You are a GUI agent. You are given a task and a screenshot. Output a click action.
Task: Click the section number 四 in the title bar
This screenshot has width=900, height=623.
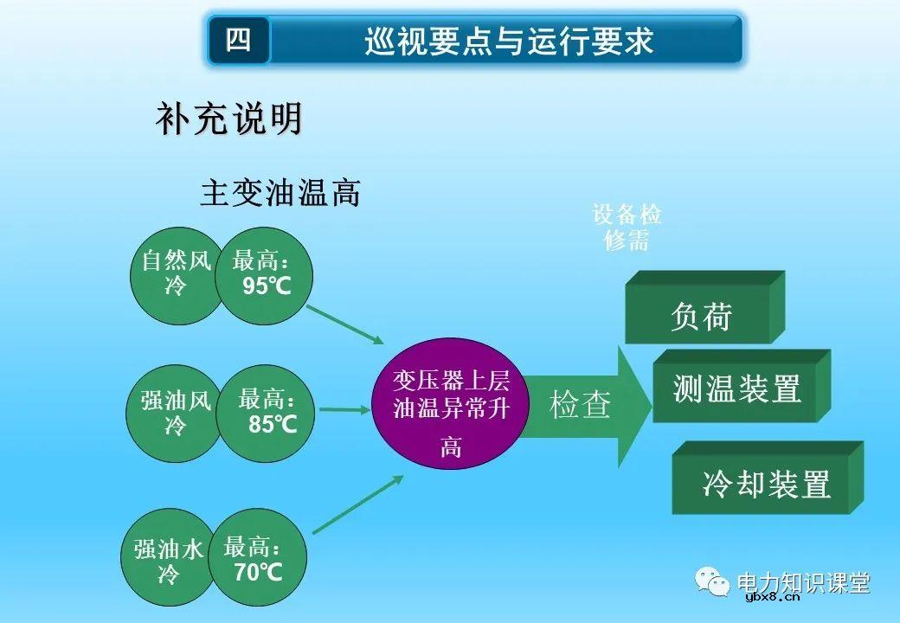(239, 40)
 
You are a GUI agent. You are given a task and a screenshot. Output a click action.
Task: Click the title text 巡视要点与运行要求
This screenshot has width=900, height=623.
(508, 41)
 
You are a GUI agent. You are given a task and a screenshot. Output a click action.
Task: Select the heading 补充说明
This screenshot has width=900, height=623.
(229, 119)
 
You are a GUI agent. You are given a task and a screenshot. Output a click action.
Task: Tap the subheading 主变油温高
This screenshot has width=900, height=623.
(280, 193)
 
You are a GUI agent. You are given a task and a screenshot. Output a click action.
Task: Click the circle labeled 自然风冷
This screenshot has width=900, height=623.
(173, 273)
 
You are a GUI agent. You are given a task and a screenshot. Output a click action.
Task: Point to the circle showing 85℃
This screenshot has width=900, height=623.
(267, 413)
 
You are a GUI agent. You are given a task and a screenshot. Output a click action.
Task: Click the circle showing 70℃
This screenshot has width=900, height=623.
(257, 560)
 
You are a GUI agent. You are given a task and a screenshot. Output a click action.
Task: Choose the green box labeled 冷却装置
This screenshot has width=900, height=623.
(765, 483)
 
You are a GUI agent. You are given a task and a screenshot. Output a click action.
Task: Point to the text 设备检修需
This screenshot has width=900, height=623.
(627, 227)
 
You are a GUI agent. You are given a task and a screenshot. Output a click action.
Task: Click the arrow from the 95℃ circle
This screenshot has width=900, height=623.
(344, 324)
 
